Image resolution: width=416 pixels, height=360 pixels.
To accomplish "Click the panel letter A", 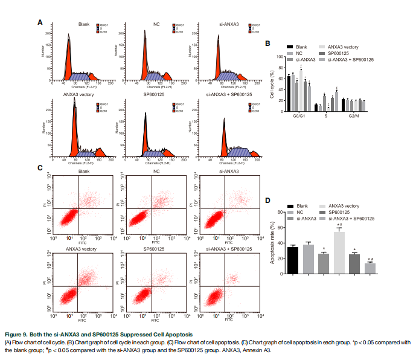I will (40, 22).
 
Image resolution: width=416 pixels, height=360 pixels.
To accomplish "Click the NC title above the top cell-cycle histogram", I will (156, 24).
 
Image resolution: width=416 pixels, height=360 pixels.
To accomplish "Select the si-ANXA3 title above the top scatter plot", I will (229, 172).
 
